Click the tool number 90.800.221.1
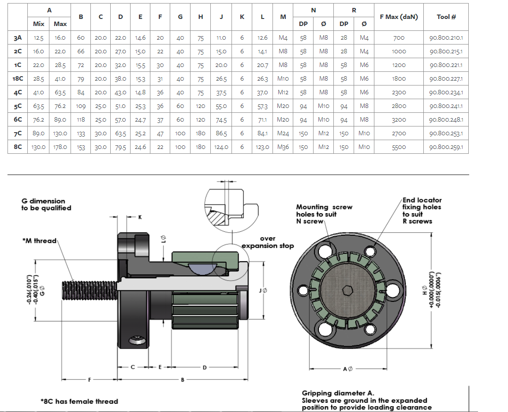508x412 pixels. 446,65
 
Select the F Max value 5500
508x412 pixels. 399,147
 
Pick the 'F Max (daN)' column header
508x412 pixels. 399,17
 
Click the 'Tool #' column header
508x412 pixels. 446,17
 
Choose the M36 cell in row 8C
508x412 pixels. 283,147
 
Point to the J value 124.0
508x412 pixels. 221,147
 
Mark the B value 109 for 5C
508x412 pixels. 81,106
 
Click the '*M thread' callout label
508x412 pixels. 39,241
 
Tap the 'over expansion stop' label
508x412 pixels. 268,242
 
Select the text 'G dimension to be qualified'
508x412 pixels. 46,204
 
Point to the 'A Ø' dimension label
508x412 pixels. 347,368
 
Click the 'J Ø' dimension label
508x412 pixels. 264,290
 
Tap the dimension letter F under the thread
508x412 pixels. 90,379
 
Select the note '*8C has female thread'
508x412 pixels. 79,401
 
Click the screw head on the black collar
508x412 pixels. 138,341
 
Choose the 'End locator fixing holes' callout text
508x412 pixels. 422,210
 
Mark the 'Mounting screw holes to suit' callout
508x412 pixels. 324,214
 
